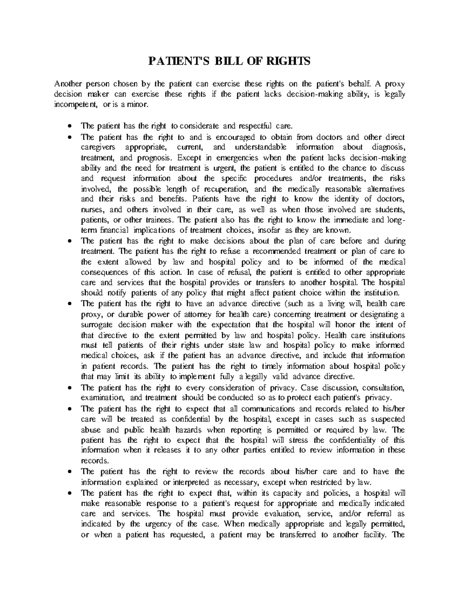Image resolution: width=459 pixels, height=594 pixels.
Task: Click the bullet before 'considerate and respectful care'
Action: tap(69, 126)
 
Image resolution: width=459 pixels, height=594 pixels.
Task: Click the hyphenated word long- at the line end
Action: tap(396, 220)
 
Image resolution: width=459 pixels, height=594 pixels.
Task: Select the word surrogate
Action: tap(97, 325)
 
